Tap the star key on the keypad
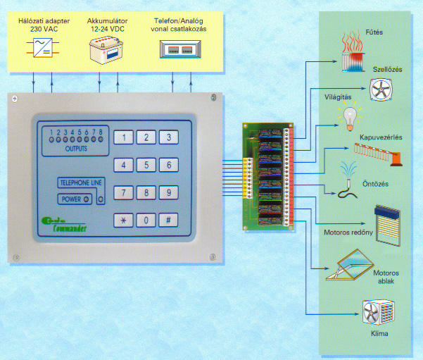point(123,220)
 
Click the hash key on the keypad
point(168,220)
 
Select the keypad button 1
point(123,137)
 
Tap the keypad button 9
point(168,192)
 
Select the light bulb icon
point(350,116)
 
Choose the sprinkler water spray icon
point(346,180)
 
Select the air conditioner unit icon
point(377,313)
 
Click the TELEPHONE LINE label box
point(80,182)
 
